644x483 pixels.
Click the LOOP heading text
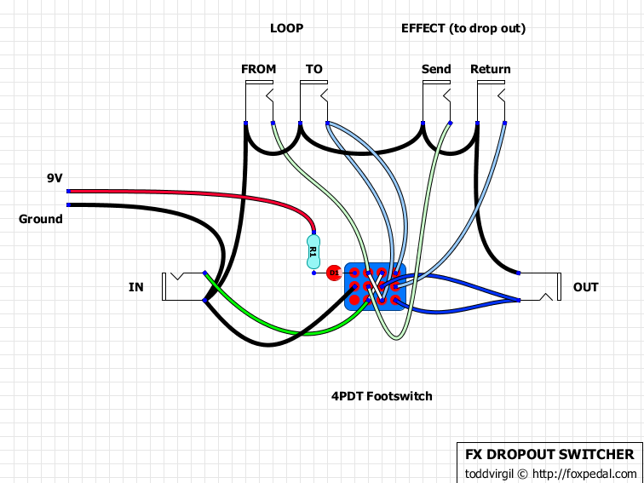click(x=286, y=28)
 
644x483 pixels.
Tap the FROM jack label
click(x=259, y=69)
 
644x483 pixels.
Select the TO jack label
click(x=313, y=69)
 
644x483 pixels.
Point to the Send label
click(x=436, y=69)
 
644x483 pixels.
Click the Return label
click(x=491, y=69)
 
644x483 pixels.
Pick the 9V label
click(x=55, y=178)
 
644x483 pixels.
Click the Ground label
click(x=41, y=219)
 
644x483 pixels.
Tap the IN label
click(x=136, y=287)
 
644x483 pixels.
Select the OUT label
click(x=586, y=287)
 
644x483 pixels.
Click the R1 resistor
click(x=313, y=251)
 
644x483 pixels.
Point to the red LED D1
click(x=334, y=273)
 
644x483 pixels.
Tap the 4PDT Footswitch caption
click(x=382, y=396)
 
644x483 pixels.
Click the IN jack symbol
click(x=183, y=286)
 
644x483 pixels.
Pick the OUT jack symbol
click(x=541, y=286)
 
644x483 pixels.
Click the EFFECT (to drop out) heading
click(x=463, y=28)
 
